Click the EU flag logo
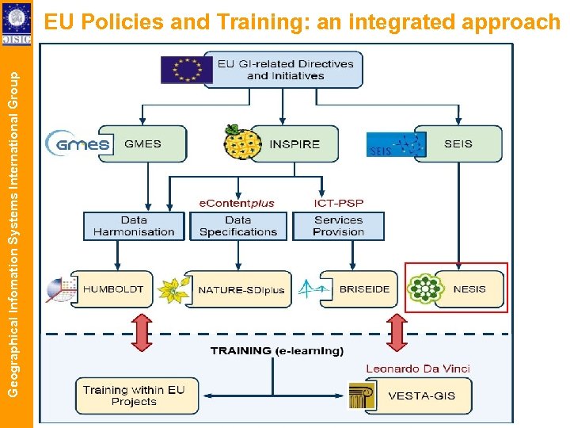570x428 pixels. [x=187, y=69]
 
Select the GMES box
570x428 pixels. [x=142, y=144]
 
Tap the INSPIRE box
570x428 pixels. [x=294, y=144]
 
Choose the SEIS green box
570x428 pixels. [x=458, y=143]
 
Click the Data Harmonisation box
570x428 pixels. [x=134, y=226]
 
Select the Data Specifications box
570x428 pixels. [x=238, y=226]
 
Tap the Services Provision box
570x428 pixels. [x=338, y=226]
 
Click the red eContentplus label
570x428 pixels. [x=237, y=203]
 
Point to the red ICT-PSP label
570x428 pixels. [x=339, y=203]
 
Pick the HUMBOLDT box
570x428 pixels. [x=113, y=289]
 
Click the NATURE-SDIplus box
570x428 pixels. [x=241, y=290]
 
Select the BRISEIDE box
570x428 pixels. [x=364, y=289]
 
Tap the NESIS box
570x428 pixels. [x=469, y=289]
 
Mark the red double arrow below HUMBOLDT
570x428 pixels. [x=142, y=332]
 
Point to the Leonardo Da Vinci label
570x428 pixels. [x=418, y=369]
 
